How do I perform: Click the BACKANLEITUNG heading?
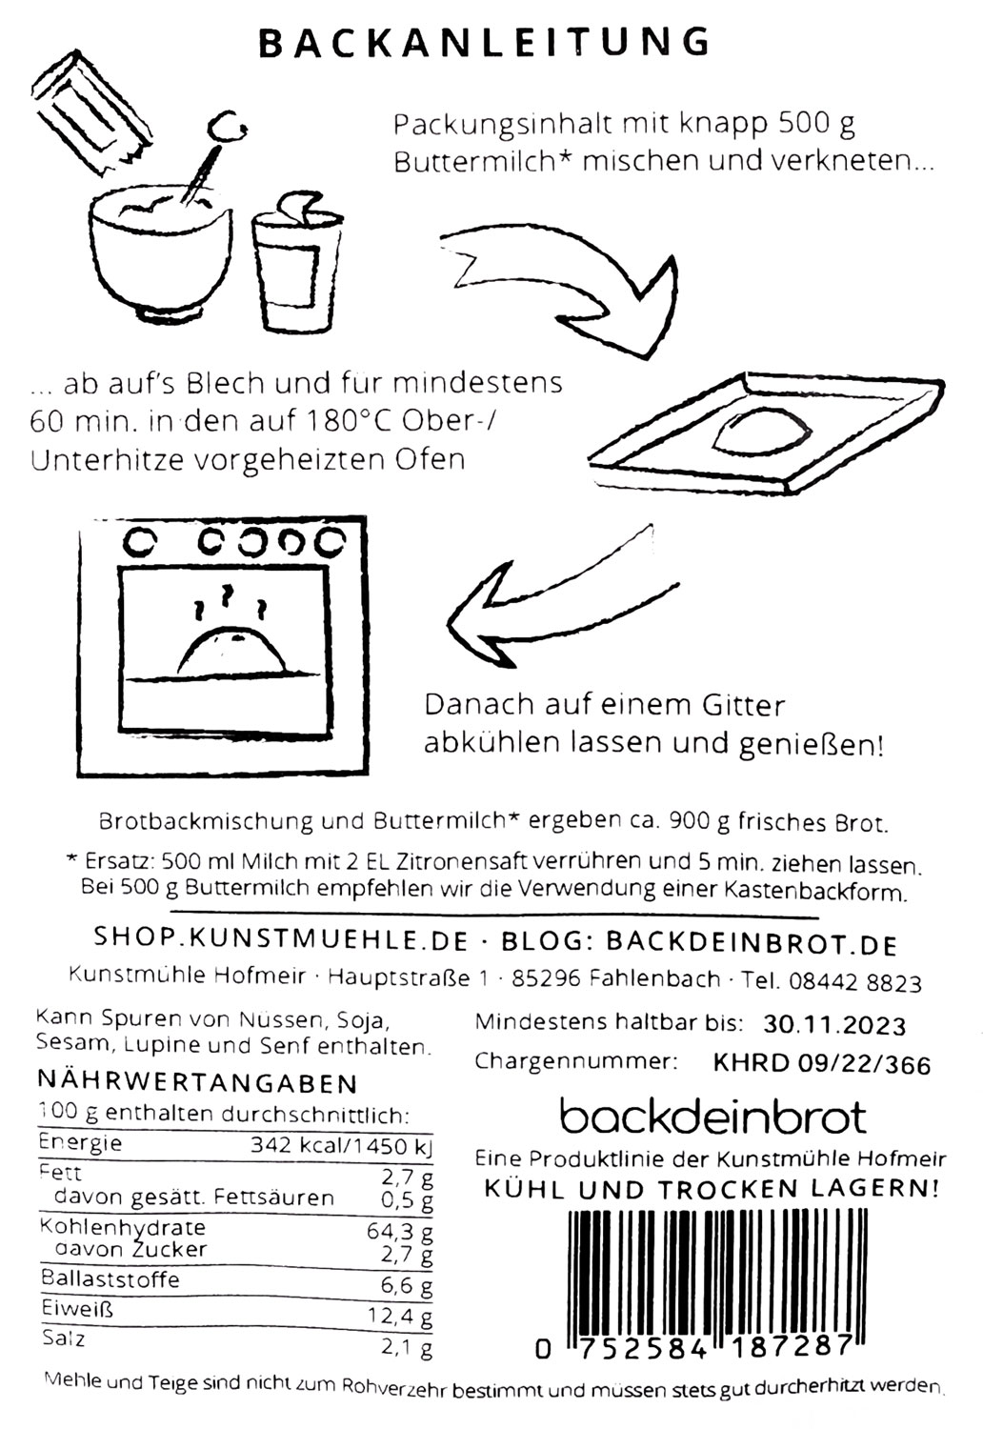pyautogui.click(x=485, y=43)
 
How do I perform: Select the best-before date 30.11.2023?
pyautogui.click(x=834, y=1025)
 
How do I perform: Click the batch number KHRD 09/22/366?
pyautogui.click(x=821, y=1063)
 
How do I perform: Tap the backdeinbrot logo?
pyautogui.click(x=712, y=1116)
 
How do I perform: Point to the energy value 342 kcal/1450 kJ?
pyautogui.click(x=340, y=1146)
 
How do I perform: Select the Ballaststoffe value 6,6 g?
pyautogui.click(x=406, y=1285)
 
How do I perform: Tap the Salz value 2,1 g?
pyautogui.click(x=406, y=1347)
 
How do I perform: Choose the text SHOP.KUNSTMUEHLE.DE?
pyautogui.click(x=281, y=940)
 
